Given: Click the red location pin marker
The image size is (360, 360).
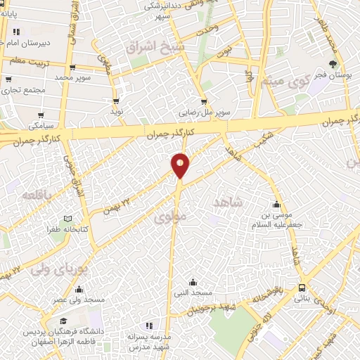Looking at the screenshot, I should point(181,165).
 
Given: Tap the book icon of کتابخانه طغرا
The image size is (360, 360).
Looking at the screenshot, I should point(67,219).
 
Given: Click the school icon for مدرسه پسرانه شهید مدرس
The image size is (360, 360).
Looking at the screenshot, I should point(148,326).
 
